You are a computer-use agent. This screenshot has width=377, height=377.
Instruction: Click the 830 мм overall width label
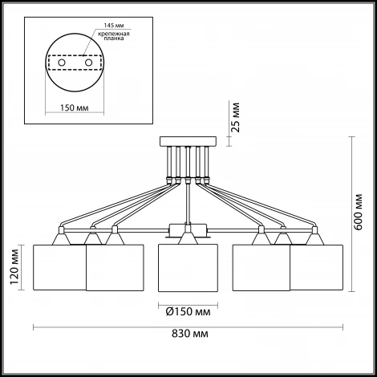190,334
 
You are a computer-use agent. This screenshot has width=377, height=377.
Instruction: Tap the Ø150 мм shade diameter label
188,312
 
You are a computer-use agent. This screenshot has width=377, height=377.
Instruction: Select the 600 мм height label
358,212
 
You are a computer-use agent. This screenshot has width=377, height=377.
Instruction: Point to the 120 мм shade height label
14,267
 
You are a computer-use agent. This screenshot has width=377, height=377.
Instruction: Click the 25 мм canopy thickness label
235,117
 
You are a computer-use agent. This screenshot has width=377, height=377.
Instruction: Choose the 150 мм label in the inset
74,107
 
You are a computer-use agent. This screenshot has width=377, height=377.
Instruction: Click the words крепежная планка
114,36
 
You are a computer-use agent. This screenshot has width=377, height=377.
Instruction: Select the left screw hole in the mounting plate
62,63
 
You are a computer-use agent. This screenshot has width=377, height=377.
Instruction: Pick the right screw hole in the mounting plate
88,63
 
